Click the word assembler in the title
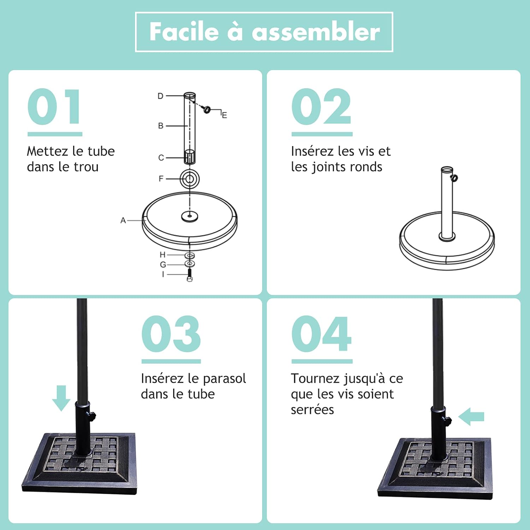click(316, 32)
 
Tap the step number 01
click(54, 107)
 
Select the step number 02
click(321, 107)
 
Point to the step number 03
click(171, 334)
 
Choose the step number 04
click(321, 334)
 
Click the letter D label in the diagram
click(160, 96)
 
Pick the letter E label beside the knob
click(224, 115)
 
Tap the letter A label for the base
click(123, 220)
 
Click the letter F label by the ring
click(161, 179)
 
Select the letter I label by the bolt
click(163, 274)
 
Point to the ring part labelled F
click(190, 179)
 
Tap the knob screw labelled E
click(207, 110)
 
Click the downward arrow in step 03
click(61, 398)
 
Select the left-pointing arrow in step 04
click(471, 417)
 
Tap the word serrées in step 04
click(312, 410)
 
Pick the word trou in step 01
click(86, 167)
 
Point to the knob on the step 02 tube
click(455, 178)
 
